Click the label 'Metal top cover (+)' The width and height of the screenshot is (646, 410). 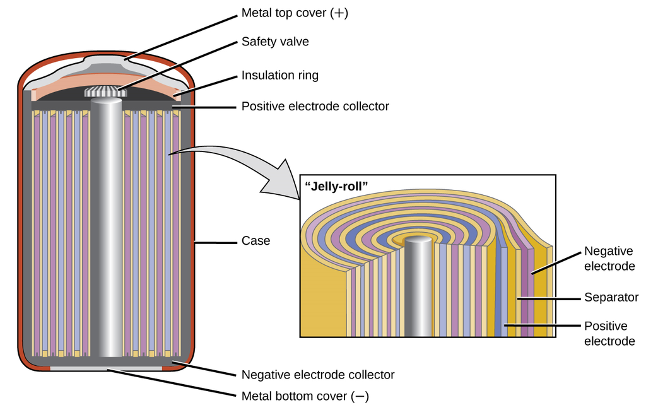294,13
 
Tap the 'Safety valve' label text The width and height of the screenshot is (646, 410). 275,42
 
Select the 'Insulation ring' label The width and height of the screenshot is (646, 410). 280,76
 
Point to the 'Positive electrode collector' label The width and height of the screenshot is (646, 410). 315,106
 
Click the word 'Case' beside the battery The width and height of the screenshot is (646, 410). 255,241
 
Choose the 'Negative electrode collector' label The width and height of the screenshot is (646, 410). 318,375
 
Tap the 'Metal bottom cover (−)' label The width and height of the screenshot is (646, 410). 305,397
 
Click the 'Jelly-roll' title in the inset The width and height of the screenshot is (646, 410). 336,186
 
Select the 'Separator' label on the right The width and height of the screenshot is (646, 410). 611,297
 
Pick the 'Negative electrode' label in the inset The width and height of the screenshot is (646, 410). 609,259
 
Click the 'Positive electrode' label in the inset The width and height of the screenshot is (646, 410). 609,334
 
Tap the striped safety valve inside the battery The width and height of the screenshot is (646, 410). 106,92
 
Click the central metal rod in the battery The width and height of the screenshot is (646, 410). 106,233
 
